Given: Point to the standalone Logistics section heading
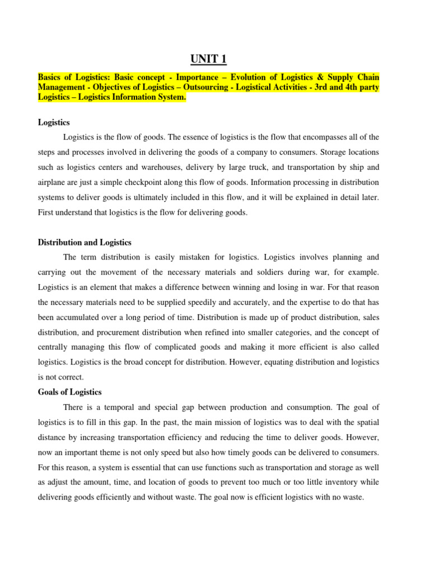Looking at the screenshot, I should click(54, 122).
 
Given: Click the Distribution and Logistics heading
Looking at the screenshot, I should click(85, 242).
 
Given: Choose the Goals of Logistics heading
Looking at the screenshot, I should click(69, 392).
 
